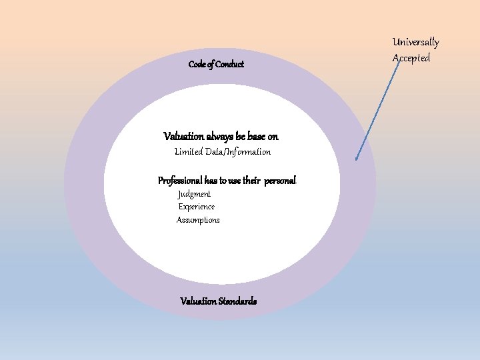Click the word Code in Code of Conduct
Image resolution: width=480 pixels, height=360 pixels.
point(197,65)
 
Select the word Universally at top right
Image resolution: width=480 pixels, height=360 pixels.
point(416,43)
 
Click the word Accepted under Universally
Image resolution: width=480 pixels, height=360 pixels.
point(411,58)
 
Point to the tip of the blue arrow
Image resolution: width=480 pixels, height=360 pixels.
point(357,160)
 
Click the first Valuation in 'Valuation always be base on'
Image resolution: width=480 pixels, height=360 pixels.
point(181,137)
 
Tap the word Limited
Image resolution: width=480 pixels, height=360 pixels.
point(189,152)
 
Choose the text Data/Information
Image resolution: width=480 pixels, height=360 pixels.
point(238,152)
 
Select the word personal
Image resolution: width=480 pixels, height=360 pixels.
point(280,181)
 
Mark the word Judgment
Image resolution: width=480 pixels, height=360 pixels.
point(194,194)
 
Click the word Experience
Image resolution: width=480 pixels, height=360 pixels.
point(197,207)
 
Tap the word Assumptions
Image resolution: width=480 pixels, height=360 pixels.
point(198,220)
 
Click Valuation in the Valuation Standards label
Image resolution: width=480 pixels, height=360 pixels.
point(198,301)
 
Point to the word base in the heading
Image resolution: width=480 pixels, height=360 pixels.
point(257,137)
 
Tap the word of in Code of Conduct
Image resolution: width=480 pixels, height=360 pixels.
point(211,65)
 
